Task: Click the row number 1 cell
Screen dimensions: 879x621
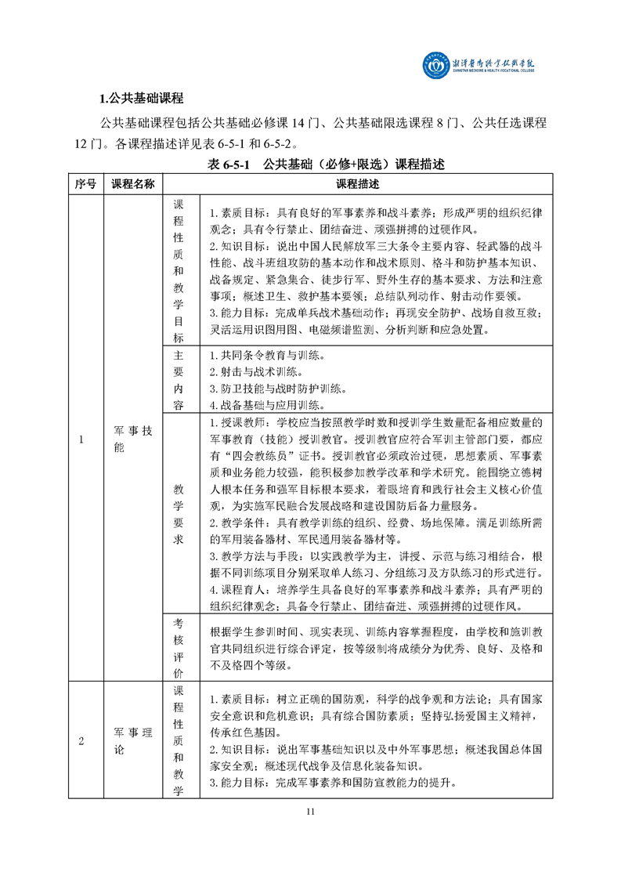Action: [81, 438]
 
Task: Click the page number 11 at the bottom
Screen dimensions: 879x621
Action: [311, 811]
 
